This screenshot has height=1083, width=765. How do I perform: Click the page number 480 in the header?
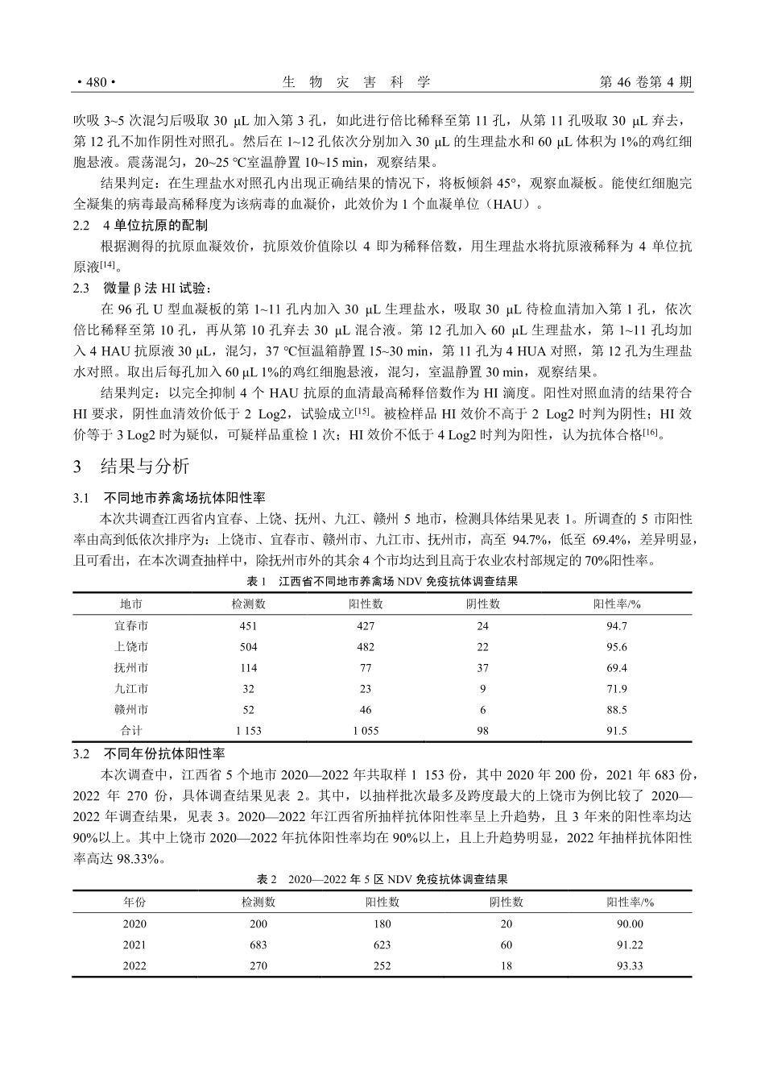96,82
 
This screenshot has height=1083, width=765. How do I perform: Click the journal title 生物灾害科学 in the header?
357,82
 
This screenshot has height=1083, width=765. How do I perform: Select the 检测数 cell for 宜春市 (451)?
248,625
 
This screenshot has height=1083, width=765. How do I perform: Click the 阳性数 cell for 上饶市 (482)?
366,646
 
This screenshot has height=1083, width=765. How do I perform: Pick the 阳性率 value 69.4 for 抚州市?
617,668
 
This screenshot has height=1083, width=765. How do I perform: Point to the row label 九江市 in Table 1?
131,689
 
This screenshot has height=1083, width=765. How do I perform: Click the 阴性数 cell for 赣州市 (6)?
483,710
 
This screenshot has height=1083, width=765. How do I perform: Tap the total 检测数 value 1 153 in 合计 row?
248,731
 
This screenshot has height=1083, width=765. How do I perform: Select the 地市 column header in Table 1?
131,604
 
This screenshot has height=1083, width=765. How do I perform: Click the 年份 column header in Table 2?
134,902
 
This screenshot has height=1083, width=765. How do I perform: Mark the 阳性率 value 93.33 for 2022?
630,965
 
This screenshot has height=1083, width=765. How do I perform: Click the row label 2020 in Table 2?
134,923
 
